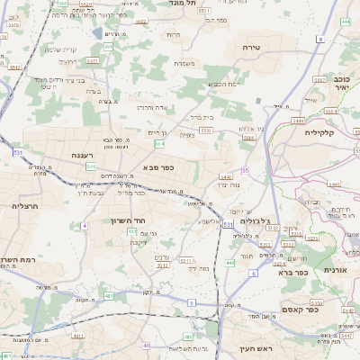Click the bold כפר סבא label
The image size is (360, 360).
[157, 166]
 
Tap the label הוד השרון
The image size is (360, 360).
[128, 220]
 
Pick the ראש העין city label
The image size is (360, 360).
[255, 348]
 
